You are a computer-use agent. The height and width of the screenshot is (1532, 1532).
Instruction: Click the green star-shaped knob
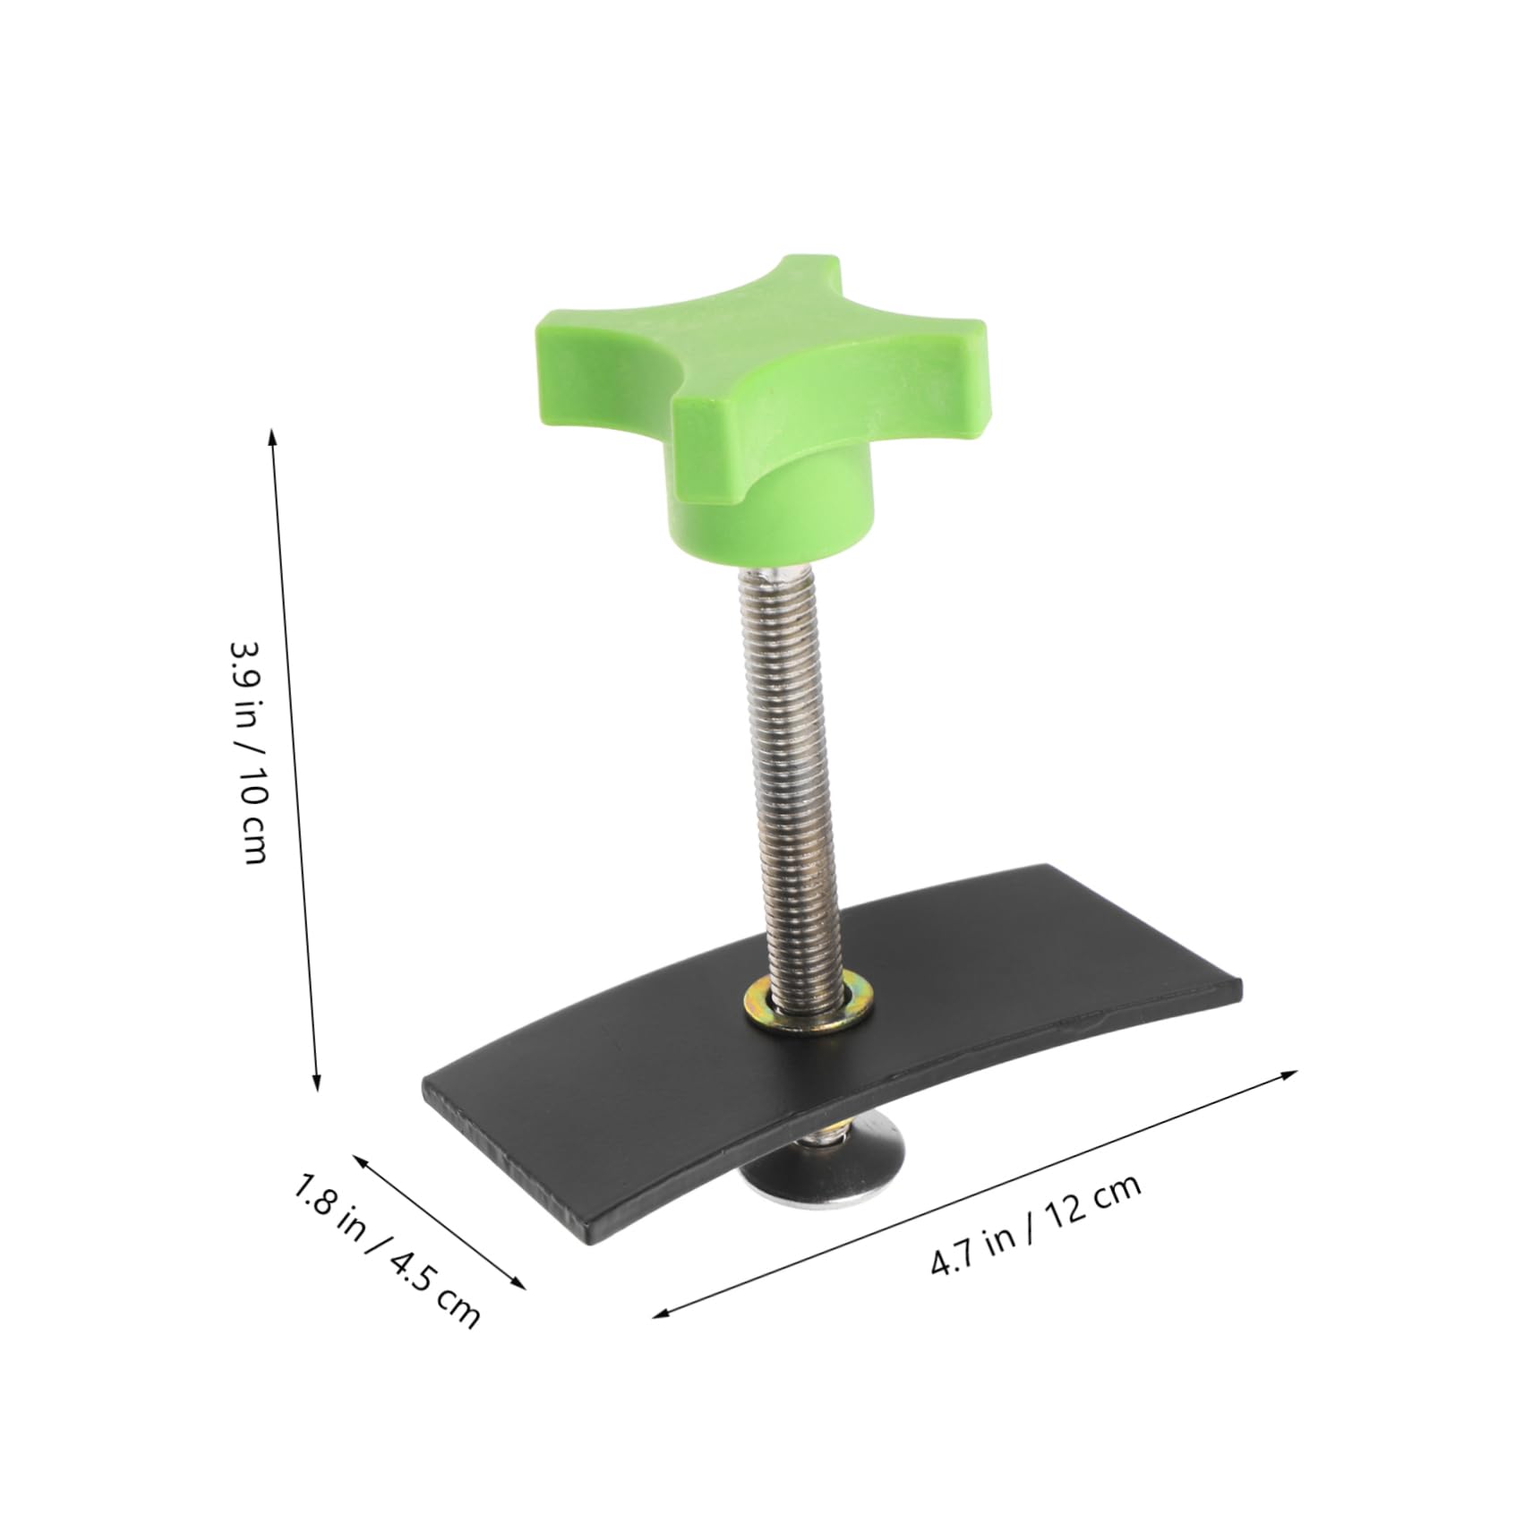(761, 376)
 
